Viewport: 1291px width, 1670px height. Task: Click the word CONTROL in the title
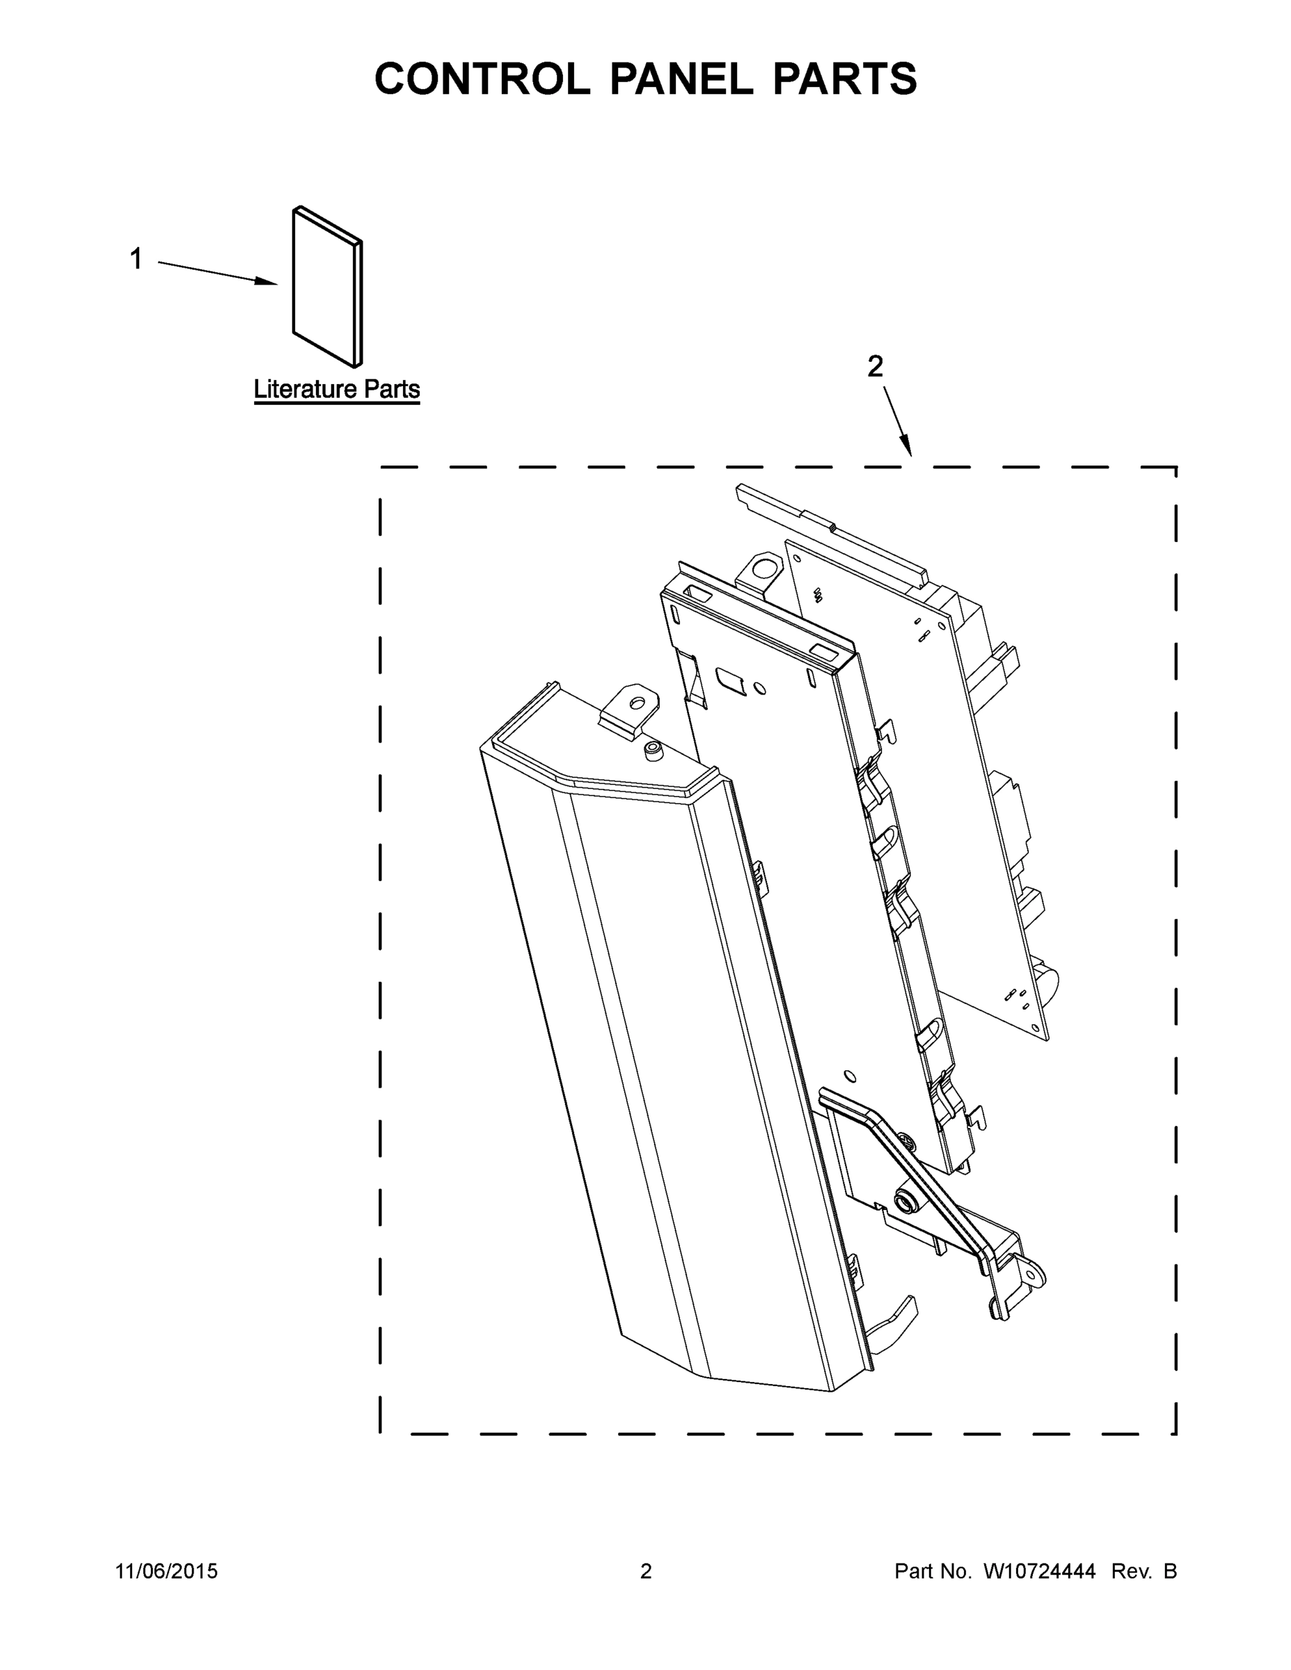[482, 79]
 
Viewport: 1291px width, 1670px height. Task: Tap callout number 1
[136, 260]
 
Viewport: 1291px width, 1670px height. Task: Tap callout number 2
[875, 367]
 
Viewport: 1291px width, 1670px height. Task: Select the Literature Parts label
[337, 390]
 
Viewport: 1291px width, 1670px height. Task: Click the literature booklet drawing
[326, 287]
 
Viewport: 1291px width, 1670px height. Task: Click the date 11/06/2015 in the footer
[167, 1571]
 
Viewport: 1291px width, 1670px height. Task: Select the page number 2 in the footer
[646, 1571]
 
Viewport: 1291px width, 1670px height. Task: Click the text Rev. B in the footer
[1143, 1571]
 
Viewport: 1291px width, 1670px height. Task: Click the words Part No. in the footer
[933, 1571]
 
